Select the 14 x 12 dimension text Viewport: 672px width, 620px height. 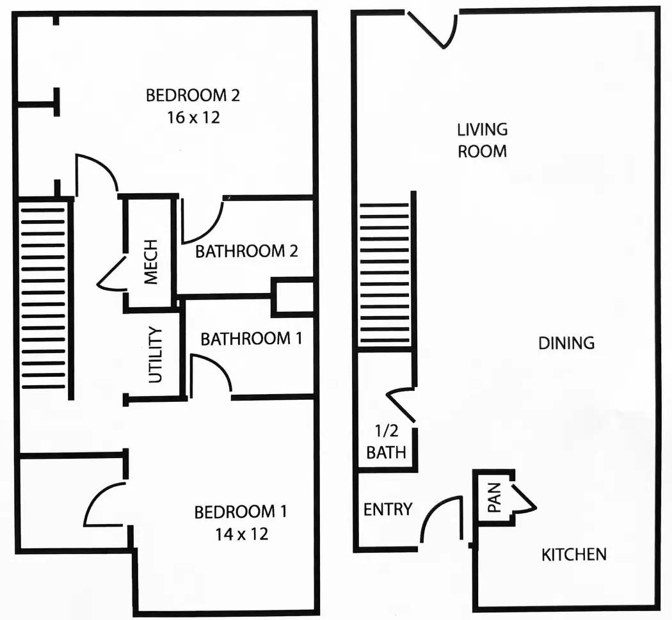click(x=241, y=533)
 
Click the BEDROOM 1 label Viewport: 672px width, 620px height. click(x=241, y=512)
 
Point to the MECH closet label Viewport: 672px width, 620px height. click(x=150, y=262)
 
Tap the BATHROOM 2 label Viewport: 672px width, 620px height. click(x=246, y=251)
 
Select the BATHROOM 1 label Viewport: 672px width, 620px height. click(x=251, y=338)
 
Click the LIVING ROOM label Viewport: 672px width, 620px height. click(x=483, y=140)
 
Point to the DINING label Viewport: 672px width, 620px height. click(x=566, y=343)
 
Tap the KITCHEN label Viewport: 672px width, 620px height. click(x=574, y=554)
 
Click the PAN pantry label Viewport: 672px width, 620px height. click(x=494, y=498)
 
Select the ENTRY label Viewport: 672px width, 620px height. click(x=387, y=509)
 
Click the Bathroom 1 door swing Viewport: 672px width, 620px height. click(x=211, y=374)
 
